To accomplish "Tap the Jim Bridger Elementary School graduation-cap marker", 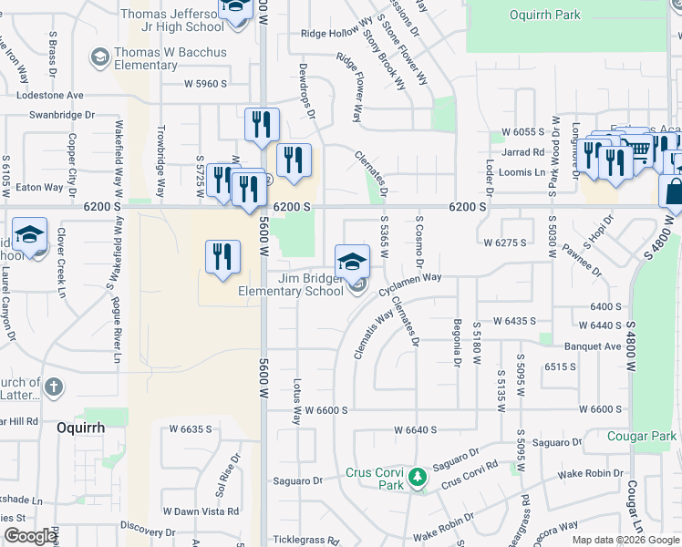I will click(x=352, y=261).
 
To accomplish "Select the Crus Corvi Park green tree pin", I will click(x=418, y=477).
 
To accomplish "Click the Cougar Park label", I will click(x=642, y=437).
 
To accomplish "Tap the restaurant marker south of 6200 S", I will click(x=222, y=257).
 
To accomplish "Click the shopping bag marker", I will click(x=674, y=192).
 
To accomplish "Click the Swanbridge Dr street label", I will click(x=62, y=116).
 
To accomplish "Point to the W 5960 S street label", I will click(x=205, y=84).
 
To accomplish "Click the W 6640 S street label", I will click(x=416, y=429).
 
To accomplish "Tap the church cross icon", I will click(x=54, y=388).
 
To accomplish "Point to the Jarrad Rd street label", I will click(x=522, y=152).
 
